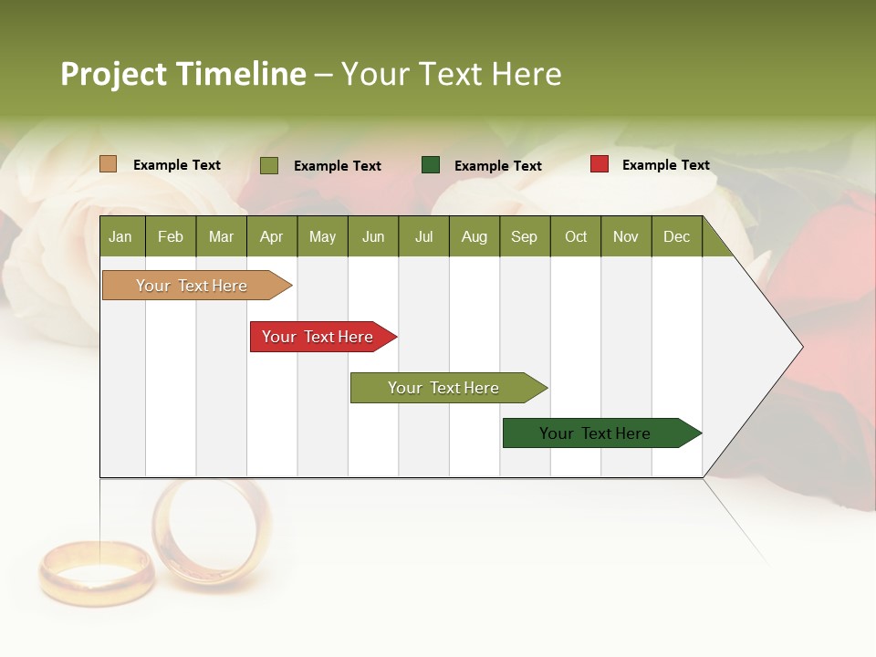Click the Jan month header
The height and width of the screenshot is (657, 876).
(x=121, y=237)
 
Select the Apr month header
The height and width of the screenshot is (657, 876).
(x=272, y=237)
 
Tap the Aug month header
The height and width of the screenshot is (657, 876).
(x=474, y=237)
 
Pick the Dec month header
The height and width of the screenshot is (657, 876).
(x=677, y=237)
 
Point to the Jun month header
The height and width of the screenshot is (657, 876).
(x=373, y=237)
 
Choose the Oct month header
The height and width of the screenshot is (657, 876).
(x=576, y=237)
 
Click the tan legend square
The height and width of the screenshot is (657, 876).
(x=108, y=164)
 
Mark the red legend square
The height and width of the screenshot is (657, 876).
(x=599, y=164)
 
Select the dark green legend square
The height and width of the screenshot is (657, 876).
(x=431, y=164)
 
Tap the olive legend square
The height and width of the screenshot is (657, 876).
(x=269, y=165)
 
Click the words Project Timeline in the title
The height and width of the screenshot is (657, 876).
(x=182, y=74)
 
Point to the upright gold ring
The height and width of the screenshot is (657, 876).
(x=211, y=531)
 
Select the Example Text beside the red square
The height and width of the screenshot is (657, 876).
(x=665, y=165)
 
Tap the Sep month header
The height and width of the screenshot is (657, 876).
(x=525, y=237)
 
